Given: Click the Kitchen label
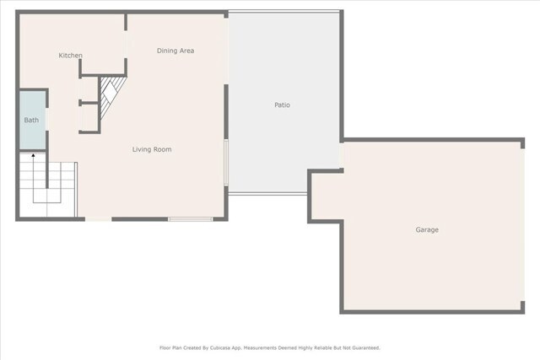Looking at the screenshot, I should click(70, 56).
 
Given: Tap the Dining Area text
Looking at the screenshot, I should click(175, 51).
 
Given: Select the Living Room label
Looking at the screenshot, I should click(152, 149).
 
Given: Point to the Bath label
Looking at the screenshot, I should click(31, 121).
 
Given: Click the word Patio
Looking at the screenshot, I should click(283, 105).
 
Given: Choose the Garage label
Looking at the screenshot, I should click(426, 230).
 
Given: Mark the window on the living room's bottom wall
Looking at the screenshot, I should click(189, 219).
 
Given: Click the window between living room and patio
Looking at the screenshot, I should click(226, 160).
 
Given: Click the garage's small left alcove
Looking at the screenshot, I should click(325, 196).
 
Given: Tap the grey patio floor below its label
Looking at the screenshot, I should click(283, 152).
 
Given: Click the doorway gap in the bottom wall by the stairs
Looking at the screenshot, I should click(98, 219).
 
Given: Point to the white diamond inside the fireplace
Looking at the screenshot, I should click(110, 89).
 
